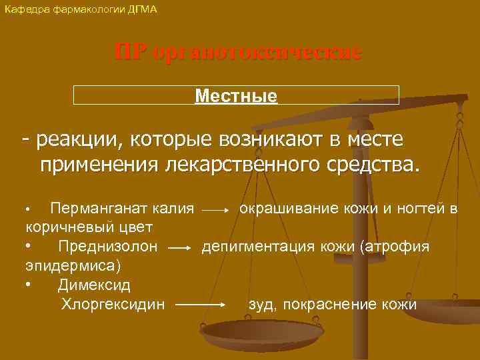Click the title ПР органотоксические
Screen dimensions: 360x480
click(239, 53)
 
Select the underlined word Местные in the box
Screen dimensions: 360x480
click(236, 96)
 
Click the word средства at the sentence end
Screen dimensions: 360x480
click(375, 164)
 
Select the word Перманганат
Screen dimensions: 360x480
click(94, 209)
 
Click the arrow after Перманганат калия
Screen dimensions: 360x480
click(215, 210)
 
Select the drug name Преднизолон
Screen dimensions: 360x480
click(107, 247)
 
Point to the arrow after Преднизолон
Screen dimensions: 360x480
click(180, 248)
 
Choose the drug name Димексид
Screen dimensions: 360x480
click(94, 285)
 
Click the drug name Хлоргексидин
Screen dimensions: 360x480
click(113, 304)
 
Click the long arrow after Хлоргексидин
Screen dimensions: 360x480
click(204, 305)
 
